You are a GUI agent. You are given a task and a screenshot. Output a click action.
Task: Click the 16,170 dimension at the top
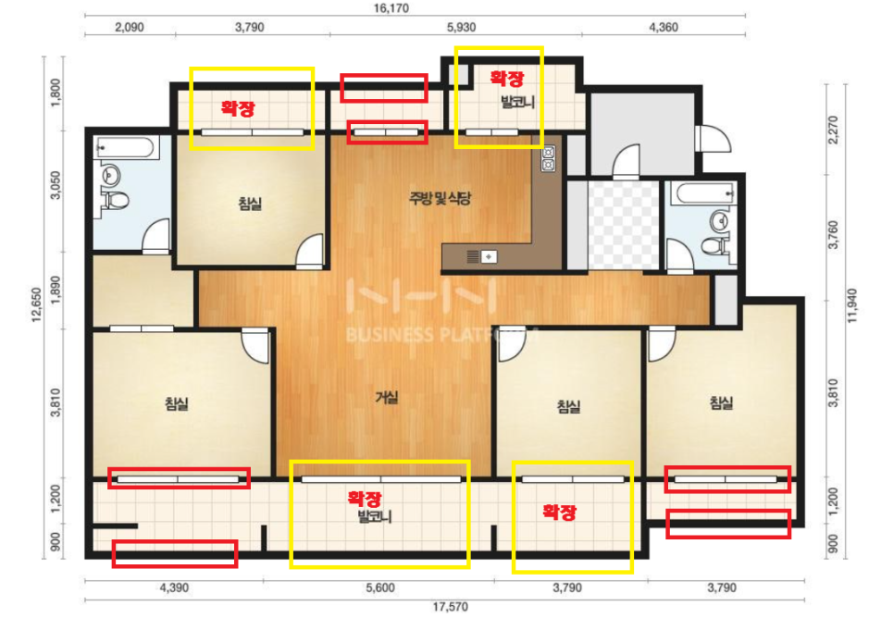391,8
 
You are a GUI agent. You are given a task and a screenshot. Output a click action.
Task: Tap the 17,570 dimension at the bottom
450,607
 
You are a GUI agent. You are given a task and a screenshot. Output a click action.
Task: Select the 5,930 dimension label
461,27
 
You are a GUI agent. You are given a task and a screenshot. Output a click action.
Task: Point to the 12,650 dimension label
36,305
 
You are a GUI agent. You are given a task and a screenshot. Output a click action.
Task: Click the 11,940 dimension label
852,305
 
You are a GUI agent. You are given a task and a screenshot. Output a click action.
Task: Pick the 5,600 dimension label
380,588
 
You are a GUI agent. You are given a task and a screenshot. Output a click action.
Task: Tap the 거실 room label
387,397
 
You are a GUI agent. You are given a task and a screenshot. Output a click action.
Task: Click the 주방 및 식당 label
440,198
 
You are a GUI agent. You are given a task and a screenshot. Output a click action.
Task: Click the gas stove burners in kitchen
548,158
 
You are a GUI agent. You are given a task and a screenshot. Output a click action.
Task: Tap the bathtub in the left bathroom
125,148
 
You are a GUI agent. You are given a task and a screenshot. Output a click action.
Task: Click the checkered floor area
623,225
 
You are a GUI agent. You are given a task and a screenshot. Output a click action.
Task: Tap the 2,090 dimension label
130,27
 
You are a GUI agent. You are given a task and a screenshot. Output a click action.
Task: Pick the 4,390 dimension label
174,588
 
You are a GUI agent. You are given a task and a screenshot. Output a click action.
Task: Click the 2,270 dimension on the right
834,130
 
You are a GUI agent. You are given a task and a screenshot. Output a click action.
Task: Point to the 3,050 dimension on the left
56,185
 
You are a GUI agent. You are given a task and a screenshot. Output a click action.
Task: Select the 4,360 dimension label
664,27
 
